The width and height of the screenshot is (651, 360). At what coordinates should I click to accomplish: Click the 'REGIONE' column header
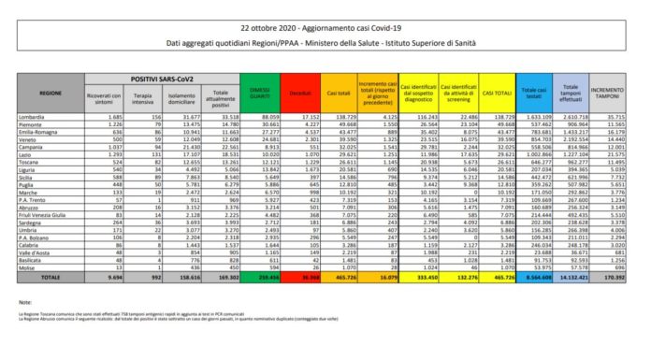tap(51, 94)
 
